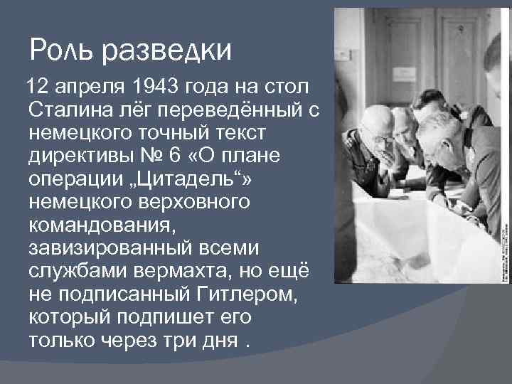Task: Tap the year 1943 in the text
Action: point(155,87)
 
